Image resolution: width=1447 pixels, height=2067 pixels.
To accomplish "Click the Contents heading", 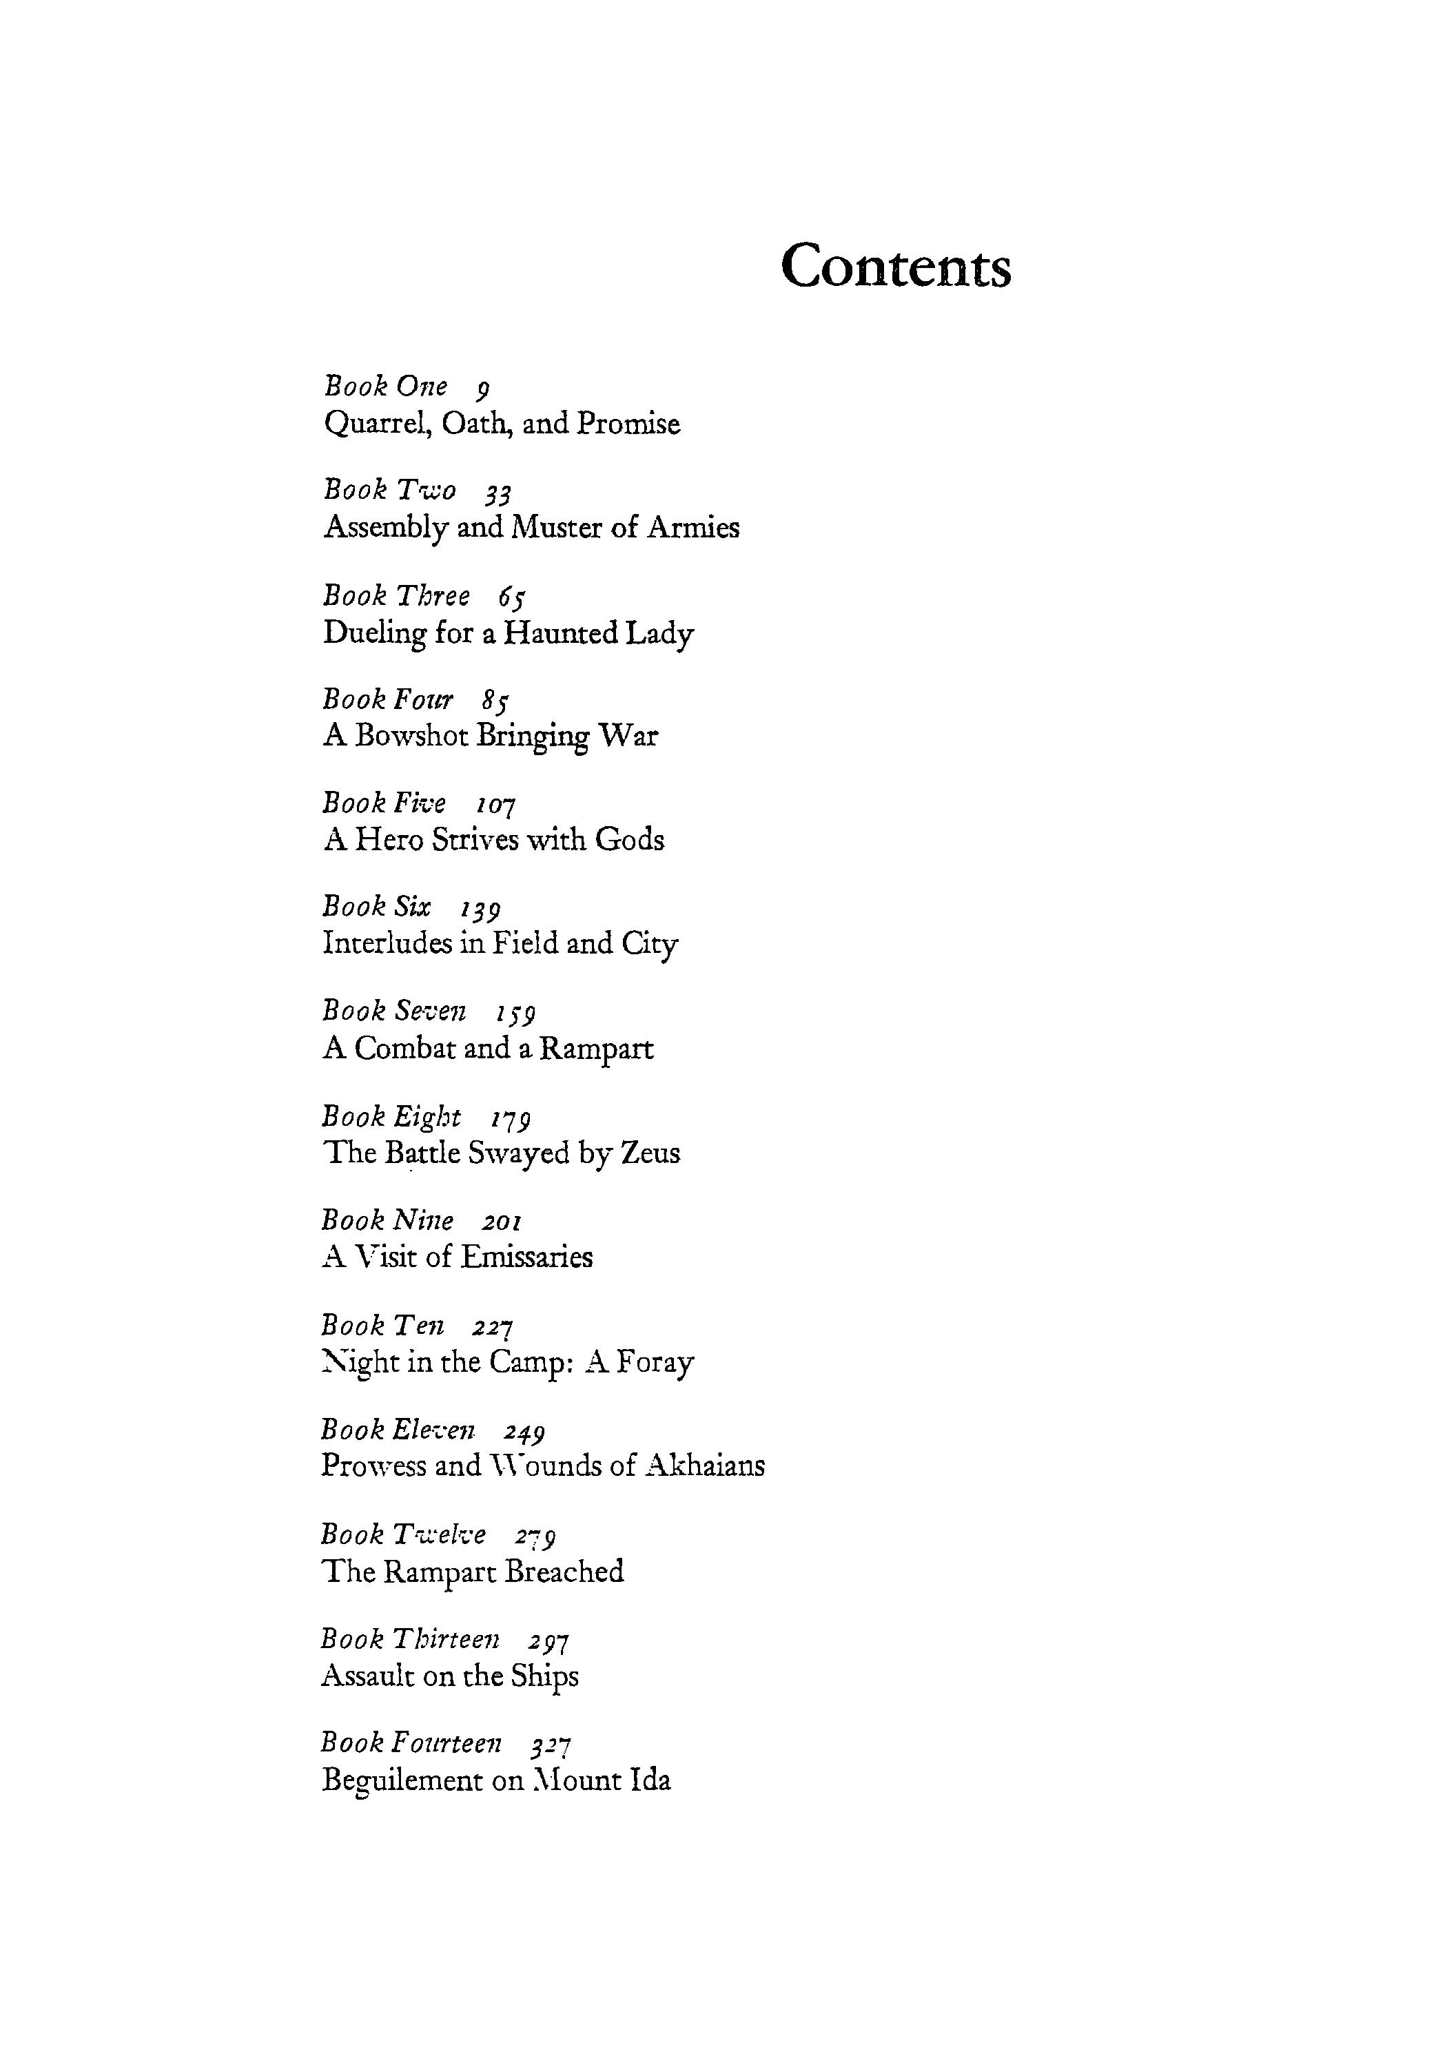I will pyautogui.click(x=895, y=267).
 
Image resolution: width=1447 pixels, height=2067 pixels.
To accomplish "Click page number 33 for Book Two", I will pyautogui.click(x=498, y=493).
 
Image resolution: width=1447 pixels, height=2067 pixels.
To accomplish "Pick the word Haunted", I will pyautogui.click(x=560, y=634).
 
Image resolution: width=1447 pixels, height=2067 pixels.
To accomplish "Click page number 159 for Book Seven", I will pyautogui.click(x=515, y=1013).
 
